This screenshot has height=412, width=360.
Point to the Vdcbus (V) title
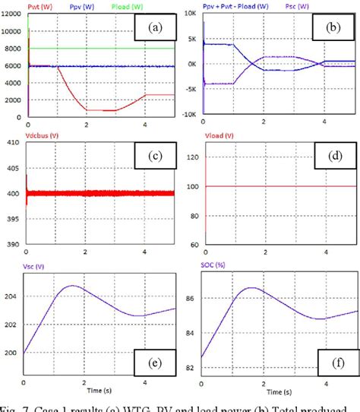click(x=46, y=138)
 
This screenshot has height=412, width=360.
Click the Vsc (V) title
click(x=38, y=266)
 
